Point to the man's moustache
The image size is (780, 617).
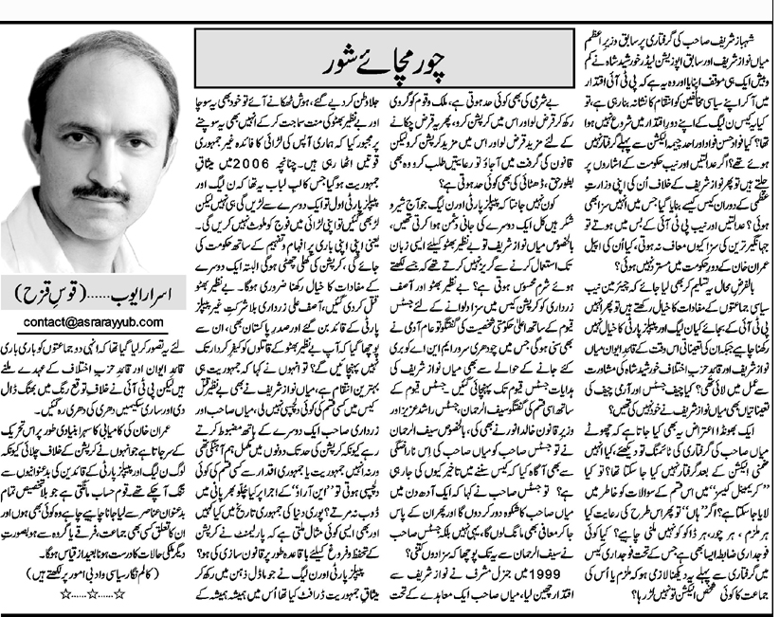pos(100,191)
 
